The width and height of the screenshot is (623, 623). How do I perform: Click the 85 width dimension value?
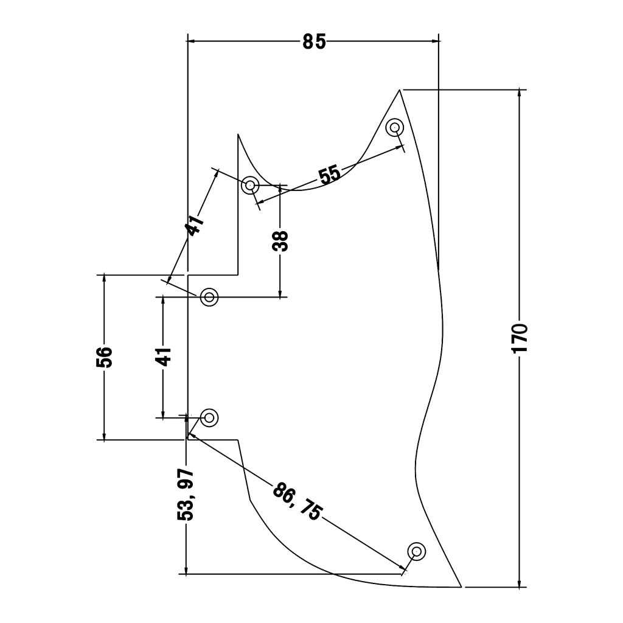(314, 42)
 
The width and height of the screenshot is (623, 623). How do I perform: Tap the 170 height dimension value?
(519, 338)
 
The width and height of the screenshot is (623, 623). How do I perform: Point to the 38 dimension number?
(280, 241)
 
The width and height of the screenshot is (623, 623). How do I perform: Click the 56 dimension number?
(105, 357)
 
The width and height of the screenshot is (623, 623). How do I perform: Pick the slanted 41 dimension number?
(195, 226)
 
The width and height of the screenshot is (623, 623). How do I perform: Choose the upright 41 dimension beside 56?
(163, 357)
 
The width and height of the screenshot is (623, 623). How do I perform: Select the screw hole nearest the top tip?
(395, 128)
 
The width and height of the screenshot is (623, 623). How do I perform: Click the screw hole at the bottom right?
(417, 551)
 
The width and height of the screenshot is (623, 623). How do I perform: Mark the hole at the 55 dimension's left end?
(250, 185)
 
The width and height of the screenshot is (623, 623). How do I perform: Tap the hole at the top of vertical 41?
(209, 297)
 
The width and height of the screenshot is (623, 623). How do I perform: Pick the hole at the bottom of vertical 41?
(209, 417)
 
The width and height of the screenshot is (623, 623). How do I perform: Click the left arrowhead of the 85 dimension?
(190, 41)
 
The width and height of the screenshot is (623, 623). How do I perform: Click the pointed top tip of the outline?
(400, 90)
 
